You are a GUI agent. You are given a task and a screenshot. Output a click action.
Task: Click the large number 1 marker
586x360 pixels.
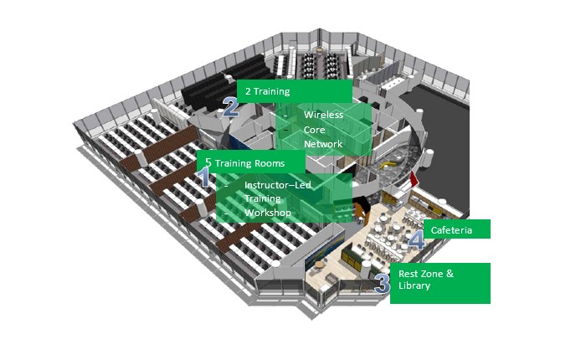(204, 177)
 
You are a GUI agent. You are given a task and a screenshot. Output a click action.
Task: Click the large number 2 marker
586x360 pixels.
(230, 107)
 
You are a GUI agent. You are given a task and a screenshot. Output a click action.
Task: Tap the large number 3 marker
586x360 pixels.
(383, 283)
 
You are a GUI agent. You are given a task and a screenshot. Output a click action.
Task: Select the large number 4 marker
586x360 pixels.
(416, 239)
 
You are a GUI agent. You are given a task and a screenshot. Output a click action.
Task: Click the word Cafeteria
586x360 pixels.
(451, 230)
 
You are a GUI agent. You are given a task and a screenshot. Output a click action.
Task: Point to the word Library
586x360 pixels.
(414, 285)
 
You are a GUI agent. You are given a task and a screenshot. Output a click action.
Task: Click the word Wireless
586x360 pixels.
(323, 115)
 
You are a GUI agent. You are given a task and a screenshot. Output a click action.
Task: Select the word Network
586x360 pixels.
(323, 144)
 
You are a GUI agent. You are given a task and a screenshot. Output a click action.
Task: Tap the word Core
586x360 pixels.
(314, 130)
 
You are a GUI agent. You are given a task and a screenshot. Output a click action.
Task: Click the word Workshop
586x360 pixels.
(268, 213)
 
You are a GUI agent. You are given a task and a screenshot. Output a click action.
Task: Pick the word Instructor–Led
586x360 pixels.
(278, 185)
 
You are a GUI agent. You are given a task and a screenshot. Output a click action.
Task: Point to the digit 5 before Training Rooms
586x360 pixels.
(208, 162)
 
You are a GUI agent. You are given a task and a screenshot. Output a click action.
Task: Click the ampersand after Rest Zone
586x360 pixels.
(450, 273)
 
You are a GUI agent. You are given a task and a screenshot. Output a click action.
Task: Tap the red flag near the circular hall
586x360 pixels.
(414, 178)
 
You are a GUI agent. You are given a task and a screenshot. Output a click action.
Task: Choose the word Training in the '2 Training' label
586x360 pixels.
(271, 91)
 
